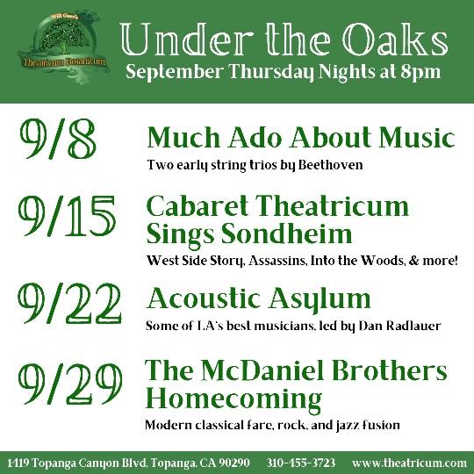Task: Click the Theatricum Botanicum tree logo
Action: [x=63, y=47]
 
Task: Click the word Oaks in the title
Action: [x=395, y=40]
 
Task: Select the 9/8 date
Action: [x=58, y=139]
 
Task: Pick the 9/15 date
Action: [x=67, y=216]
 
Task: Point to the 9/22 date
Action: [x=69, y=303]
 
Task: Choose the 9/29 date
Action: [x=70, y=384]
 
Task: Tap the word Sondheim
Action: [x=286, y=234]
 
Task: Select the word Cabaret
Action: [x=197, y=206]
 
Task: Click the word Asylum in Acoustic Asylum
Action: [x=320, y=299]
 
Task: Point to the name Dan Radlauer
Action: [x=399, y=326]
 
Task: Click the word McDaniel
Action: [x=262, y=371]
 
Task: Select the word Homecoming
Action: [x=233, y=399]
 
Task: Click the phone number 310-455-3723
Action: [x=301, y=463]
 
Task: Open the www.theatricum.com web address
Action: [x=409, y=463]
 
